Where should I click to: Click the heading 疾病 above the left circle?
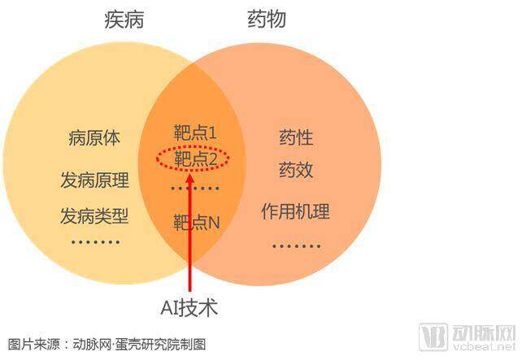(124, 20)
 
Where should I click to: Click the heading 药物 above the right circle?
(267, 19)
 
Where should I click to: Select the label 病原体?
(94, 138)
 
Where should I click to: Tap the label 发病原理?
(95, 180)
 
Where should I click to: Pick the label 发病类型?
(94, 215)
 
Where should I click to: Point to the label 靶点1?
(195, 132)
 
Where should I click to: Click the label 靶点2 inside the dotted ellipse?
(196, 158)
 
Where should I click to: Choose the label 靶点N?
(197, 222)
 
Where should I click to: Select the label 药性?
(296, 137)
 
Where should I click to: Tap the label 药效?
(296, 170)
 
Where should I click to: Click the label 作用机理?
(296, 211)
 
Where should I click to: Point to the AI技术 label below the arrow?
(189, 308)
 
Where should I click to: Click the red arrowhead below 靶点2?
(190, 178)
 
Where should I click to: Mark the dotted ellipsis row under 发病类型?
(96, 241)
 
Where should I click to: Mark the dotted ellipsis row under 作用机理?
(297, 246)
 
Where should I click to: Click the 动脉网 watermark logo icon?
(433, 336)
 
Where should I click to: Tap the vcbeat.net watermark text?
(484, 346)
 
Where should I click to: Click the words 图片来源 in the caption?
(33, 345)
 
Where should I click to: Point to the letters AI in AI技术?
(169, 308)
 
